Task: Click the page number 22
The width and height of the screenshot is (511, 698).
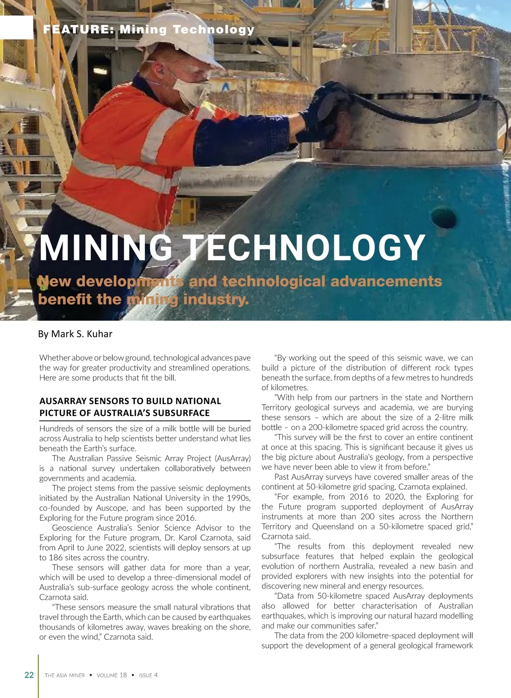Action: coord(29,675)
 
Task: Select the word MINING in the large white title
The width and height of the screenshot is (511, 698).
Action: coord(106,248)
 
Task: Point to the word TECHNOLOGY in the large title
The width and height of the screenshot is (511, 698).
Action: coord(305,248)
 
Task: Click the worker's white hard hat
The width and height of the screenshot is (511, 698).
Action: coord(183,34)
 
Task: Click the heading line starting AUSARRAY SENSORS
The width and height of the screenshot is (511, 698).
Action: coord(130,401)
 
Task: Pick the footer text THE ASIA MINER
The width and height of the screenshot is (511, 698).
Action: coord(65,675)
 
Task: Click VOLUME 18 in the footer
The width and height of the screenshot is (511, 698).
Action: coord(112,675)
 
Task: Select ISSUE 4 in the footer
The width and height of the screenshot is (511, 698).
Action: coord(148,675)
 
